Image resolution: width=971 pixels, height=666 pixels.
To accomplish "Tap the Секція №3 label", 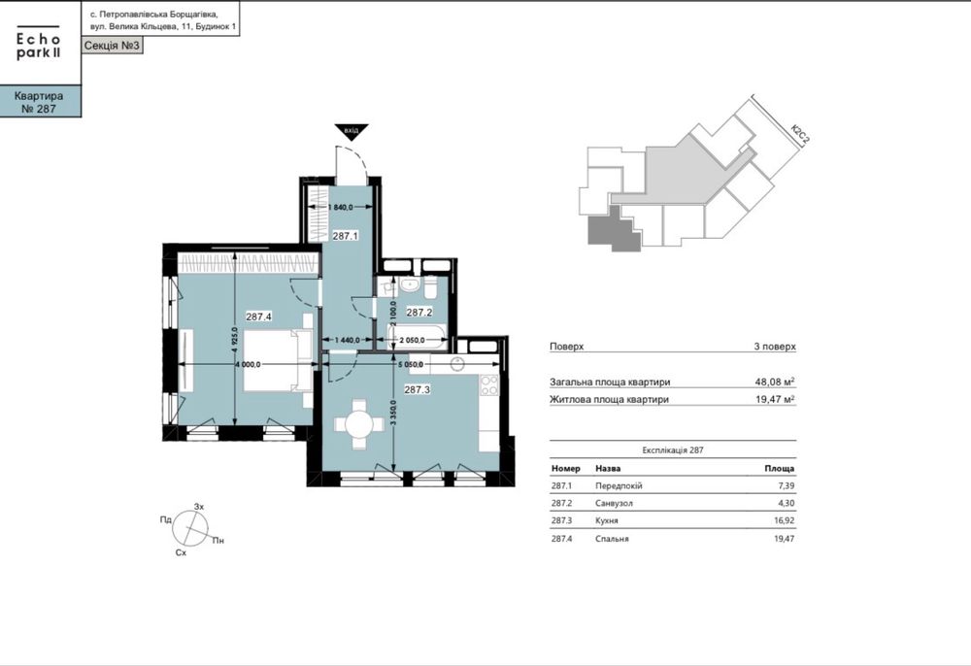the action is (x=112, y=46).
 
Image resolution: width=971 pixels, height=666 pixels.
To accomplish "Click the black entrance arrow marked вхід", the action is (x=352, y=131).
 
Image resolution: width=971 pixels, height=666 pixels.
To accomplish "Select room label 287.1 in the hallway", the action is (x=345, y=236).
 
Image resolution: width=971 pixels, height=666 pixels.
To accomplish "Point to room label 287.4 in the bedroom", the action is (x=259, y=316).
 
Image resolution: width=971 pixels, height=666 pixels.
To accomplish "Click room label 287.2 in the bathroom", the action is (x=419, y=313).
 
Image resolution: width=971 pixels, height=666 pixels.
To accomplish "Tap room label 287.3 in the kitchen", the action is (x=418, y=389).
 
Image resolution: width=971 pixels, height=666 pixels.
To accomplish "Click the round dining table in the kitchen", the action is (x=359, y=424).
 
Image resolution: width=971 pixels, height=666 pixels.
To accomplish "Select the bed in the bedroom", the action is (x=279, y=361).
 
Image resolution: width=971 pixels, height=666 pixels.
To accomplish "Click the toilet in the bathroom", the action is (x=430, y=285).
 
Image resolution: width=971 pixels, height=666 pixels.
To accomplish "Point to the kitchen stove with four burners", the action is (x=489, y=385).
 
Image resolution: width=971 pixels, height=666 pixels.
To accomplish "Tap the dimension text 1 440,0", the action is (x=348, y=340).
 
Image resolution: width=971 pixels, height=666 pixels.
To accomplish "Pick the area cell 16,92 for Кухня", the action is (x=784, y=520).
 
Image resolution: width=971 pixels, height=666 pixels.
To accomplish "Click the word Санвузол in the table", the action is (x=614, y=503).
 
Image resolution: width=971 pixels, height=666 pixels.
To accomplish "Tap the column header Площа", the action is (x=779, y=469).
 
